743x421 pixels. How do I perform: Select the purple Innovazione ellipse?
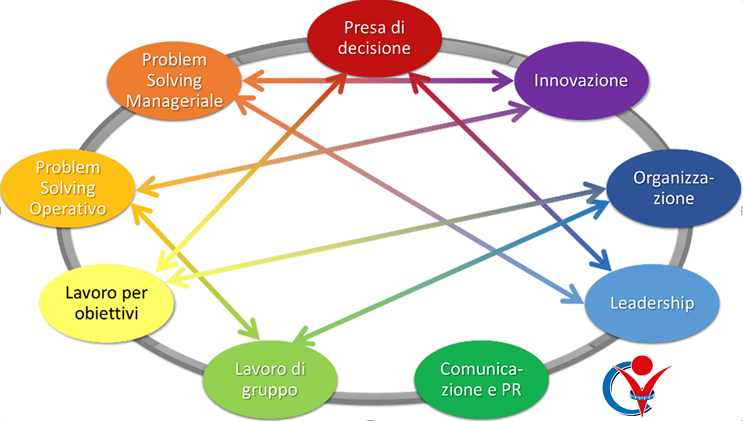580,80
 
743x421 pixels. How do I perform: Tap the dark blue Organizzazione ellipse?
673,188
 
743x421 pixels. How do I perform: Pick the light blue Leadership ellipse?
652,303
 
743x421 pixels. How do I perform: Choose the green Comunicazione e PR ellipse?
482,378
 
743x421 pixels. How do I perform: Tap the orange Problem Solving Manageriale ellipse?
174,80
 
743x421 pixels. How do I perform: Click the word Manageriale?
174,101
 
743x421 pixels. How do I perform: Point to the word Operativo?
70,209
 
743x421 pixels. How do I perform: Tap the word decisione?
374,49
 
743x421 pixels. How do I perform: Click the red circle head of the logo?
642,365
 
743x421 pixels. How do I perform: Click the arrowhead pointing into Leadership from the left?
575,298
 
